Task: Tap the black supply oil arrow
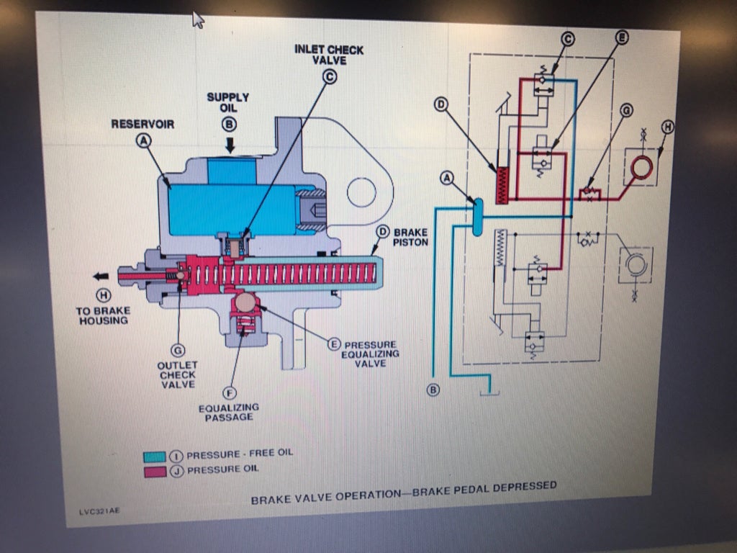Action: pos(230,145)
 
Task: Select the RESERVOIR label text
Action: pos(142,125)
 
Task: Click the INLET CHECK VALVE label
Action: pos(329,55)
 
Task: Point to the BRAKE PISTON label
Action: pos(410,238)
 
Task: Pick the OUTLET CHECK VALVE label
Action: pos(177,374)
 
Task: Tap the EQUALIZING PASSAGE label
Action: pos(229,413)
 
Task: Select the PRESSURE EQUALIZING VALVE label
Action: pos(370,354)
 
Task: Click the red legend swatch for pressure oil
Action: pos(156,472)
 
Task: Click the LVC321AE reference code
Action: pos(100,512)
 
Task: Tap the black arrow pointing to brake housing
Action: pos(101,274)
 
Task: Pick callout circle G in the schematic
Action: pos(626,110)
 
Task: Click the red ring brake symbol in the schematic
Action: pos(640,166)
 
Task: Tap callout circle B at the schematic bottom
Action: pos(433,390)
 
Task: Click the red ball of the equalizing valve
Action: pos(245,303)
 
